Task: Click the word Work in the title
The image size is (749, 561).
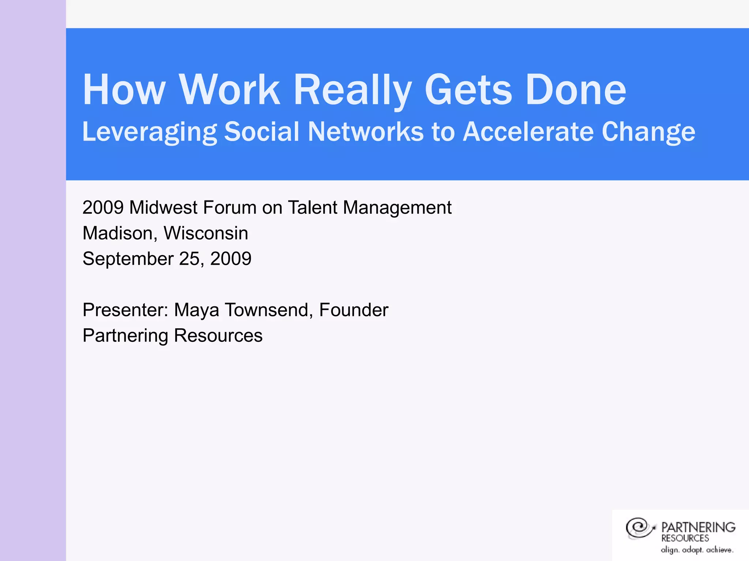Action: click(x=229, y=89)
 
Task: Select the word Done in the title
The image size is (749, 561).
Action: click(x=576, y=89)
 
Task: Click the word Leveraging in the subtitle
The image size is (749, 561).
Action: click(x=149, y=131)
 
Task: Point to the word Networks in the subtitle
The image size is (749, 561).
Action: click(x=365, y=131)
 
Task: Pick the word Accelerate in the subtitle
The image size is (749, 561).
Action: click(x=528, y=131)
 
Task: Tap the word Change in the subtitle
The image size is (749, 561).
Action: click(x=648, y=131)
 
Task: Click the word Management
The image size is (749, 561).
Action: click(x=397, y=207)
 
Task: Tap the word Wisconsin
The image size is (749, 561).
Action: click(x=206, y=233)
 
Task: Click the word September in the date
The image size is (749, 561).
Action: click(x=128, y=259)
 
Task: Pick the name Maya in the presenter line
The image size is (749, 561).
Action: click(x=196, y=310)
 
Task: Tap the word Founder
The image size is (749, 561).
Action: click(x=353, y=310)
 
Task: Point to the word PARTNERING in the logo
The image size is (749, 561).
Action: click(x=698, y=527)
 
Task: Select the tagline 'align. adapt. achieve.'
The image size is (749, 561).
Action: click(x=697, y=550)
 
